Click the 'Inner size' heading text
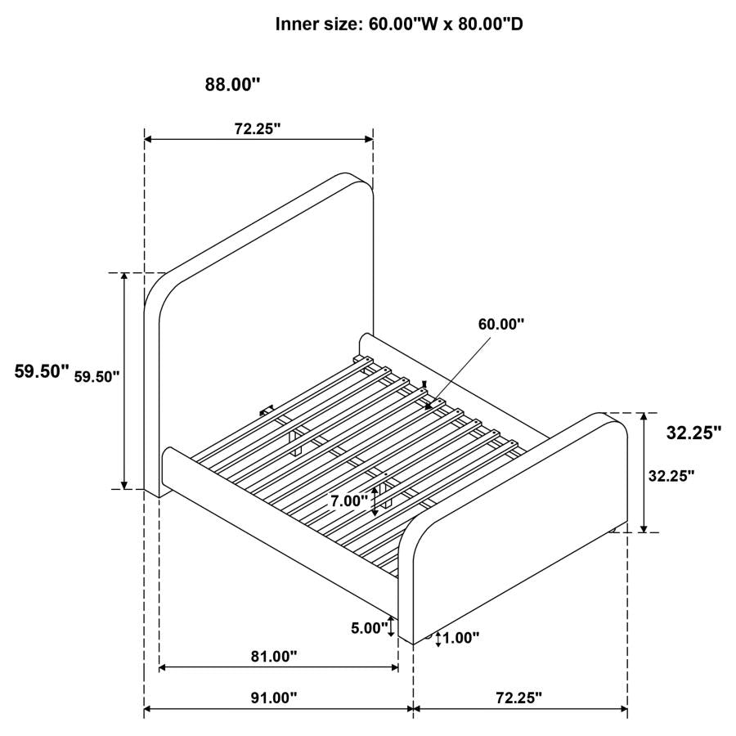click(399, 25)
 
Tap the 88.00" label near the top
click(232, 84)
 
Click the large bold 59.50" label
click(42, 371)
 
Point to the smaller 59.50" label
click(97, 376)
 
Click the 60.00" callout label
click(501, 324)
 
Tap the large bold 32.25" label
click(693, 433)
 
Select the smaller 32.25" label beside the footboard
click(671, 475)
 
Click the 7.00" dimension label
click(349, 502)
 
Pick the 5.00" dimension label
click(368, 628)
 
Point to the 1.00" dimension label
click(461, 637)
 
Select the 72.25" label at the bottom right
click(518, 698)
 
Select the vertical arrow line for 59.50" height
click(124, 380)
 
